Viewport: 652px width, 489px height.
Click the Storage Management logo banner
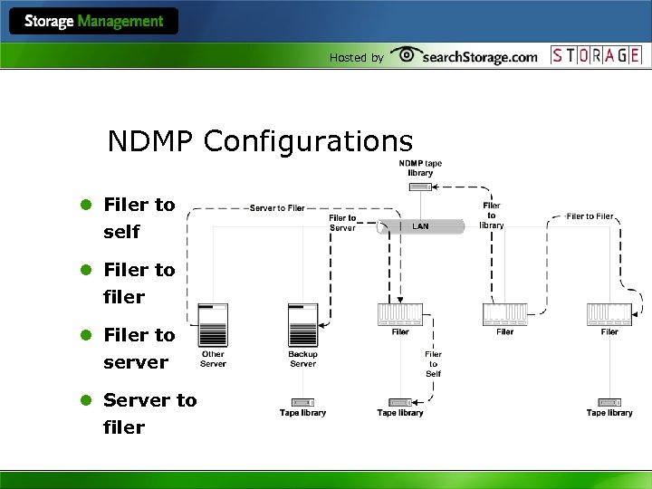click(x=94, y=21)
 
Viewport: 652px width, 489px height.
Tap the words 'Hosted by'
click(x=356, y=57)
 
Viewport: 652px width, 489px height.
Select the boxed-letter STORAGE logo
click(x=597, y=54)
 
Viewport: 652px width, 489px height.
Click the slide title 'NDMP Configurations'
click(x=260, y=141)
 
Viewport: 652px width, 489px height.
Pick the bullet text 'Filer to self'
click(x=139, y=218)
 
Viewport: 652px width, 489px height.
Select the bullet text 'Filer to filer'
click(x=139, y=283)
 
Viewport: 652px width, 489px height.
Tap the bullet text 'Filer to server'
click(x=139, y=349)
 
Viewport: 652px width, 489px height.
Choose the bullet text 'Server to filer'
click(x=149, y=413)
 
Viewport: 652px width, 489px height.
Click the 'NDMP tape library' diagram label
click(x=421, y=168)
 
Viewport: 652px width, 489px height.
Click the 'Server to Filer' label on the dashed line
click(x=277, y=208)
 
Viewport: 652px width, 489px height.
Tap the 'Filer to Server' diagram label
click(x=342, y=223)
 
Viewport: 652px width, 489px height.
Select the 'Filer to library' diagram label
click(x=492, y=215)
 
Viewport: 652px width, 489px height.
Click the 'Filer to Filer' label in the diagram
click(x=590, y=216)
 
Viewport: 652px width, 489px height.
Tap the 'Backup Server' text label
click(x=302, y=360)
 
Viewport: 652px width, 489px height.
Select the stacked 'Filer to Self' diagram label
click(x=434, y=364)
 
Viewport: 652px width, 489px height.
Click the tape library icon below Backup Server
click(x=302, y=401)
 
